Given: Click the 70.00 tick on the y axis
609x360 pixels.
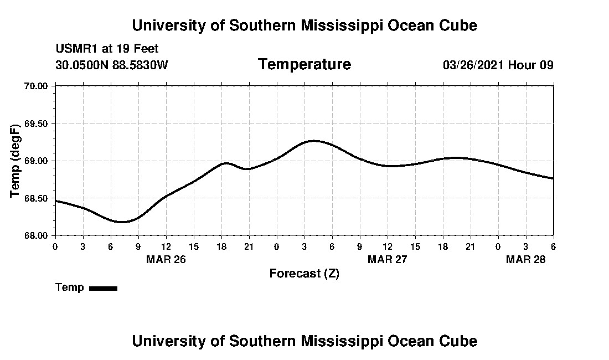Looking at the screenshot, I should click(37, 86).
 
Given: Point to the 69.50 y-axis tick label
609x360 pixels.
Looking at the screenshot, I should click(37, 123).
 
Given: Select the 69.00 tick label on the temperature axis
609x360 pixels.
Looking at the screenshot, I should click(37, 161).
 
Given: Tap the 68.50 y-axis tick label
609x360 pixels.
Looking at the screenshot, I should click(37, 198).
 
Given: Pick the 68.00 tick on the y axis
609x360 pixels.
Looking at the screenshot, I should click(37, 235).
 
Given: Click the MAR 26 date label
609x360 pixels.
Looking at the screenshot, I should click(166, 259).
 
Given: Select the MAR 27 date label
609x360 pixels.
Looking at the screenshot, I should click(388, 259).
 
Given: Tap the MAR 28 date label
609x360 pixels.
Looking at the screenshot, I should click(526, 259).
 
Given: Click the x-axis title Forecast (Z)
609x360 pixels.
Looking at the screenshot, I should click(304, 274).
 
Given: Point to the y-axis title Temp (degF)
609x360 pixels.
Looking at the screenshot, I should click(17, 161).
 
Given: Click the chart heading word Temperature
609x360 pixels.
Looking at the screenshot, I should click(304, 65).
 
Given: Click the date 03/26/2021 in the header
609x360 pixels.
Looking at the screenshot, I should click(473, 65).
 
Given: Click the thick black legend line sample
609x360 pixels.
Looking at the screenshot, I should click(103, 288).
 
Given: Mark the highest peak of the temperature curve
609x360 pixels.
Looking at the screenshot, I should click(314, 141).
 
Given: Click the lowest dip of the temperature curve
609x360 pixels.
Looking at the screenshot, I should click(122, 222).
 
